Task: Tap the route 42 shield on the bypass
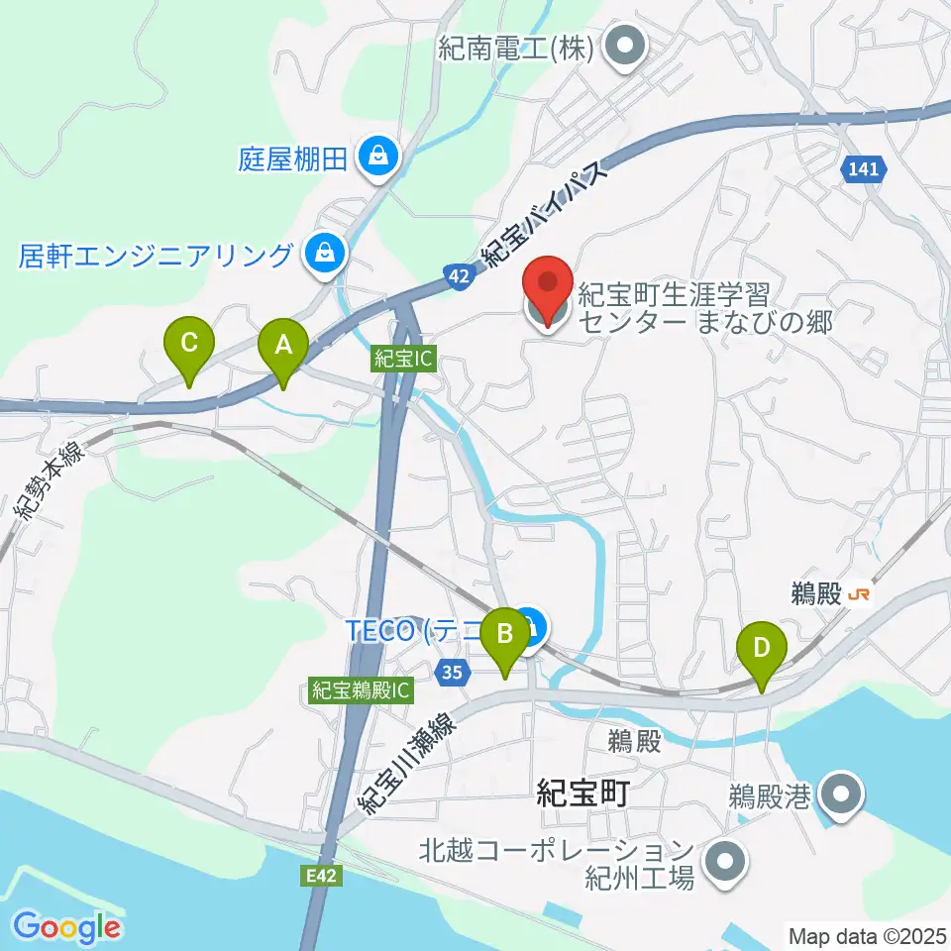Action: point(458,280)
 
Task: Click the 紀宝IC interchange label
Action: point(403,360)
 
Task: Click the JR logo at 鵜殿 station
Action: point(860,594)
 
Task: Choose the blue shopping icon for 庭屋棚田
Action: point(377,156)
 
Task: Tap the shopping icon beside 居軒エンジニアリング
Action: point(324,255)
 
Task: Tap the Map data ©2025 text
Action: point(865,935)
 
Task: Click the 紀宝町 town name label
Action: point(582,792)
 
